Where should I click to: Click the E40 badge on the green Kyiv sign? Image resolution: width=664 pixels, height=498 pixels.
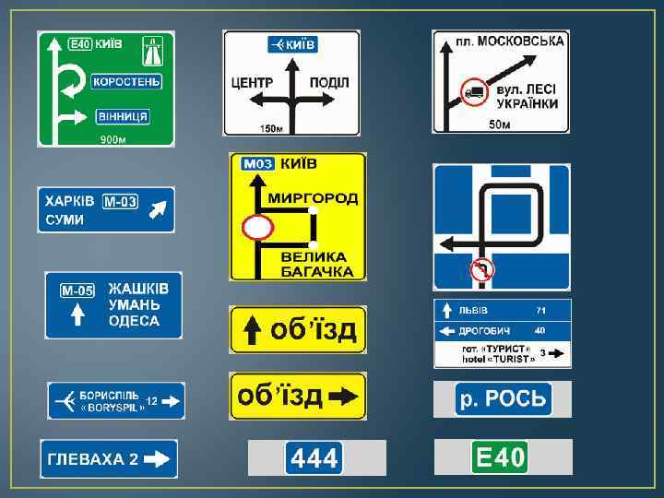pos(81,43)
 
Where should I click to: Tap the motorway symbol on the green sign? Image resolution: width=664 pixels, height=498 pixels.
pos(153,43)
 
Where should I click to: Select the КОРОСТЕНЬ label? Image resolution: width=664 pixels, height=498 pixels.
pos(126,80)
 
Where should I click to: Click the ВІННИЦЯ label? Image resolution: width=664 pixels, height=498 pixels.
pos(121,116)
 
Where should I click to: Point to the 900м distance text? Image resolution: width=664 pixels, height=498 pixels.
pos(113,140)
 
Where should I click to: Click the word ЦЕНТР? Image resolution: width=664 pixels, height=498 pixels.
pos(252,83)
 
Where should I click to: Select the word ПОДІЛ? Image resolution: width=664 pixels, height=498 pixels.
pos(329,83)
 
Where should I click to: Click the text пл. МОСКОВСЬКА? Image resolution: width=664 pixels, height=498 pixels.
pos(511,41)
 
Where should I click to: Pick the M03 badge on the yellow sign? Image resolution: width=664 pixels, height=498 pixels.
pos(257,164)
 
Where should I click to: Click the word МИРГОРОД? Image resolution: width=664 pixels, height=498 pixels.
pos(313,198)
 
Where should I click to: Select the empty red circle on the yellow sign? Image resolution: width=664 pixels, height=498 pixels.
pos(256,226)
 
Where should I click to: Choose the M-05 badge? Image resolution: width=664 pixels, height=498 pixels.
pos(78,290)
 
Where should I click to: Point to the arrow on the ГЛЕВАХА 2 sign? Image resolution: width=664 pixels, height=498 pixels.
pos(159,458)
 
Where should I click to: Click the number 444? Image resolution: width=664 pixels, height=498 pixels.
pos(315,457)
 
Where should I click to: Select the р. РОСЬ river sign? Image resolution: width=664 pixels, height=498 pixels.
pos(503,399)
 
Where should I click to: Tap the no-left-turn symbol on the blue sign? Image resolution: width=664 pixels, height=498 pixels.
pos(482,268)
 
